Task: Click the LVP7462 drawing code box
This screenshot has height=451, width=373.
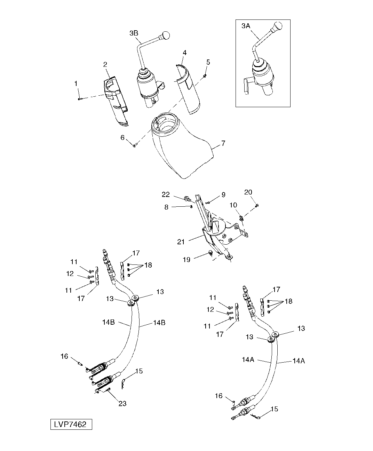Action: pos(71,425)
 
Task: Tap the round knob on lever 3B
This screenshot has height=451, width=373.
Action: pos(165,35)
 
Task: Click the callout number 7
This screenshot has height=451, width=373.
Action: pos(223,143)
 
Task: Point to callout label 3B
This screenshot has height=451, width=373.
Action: pos(134,33)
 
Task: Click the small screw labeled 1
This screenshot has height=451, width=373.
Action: pos(79,99)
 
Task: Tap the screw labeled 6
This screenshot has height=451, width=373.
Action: pos(135,146)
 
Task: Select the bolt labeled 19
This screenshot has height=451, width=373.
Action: pos(211,253)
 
